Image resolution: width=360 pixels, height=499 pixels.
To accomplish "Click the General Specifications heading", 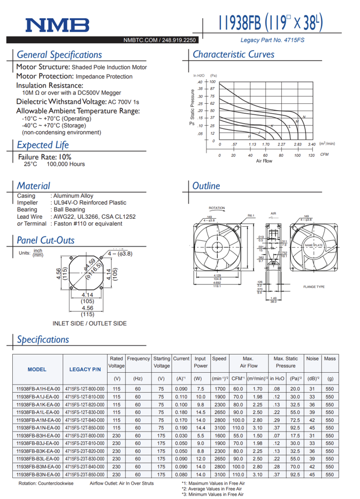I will pyautogui.click(x=59, y=55).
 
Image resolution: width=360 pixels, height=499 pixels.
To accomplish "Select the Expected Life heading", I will pyautogui.click(x=43, y=145).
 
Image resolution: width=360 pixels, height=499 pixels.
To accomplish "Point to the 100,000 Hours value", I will pyautogui.click(x=66, y=164).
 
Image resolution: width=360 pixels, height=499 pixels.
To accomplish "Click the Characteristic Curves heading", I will pyautogui.click(x=233, y=55).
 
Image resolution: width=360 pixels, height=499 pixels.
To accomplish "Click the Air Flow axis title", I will pyautogui.click(x=264, y=160).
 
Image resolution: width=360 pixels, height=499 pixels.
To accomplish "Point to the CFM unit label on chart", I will pyautogui.click(x=324, y=155).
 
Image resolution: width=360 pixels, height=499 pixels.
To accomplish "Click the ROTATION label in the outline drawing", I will pyautogui.click(x=217, y=208).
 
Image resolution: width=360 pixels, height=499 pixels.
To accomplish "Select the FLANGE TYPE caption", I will pyautogui.click(x=314, y=287).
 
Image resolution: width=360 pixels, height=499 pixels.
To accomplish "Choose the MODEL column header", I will pyautogui.click(x=36, y=369).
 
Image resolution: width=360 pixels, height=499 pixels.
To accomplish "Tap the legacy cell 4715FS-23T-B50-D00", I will pyautogui.click(x=85, y=474).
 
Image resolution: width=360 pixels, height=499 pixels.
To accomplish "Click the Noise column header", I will pyautogui.click(x=312, y=359).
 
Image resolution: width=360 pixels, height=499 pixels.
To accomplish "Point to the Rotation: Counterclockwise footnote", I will pyautogui.click(x=46, y=483).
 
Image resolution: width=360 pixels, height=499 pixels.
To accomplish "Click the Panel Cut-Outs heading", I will pyautogui.click(x=45, y=240).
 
